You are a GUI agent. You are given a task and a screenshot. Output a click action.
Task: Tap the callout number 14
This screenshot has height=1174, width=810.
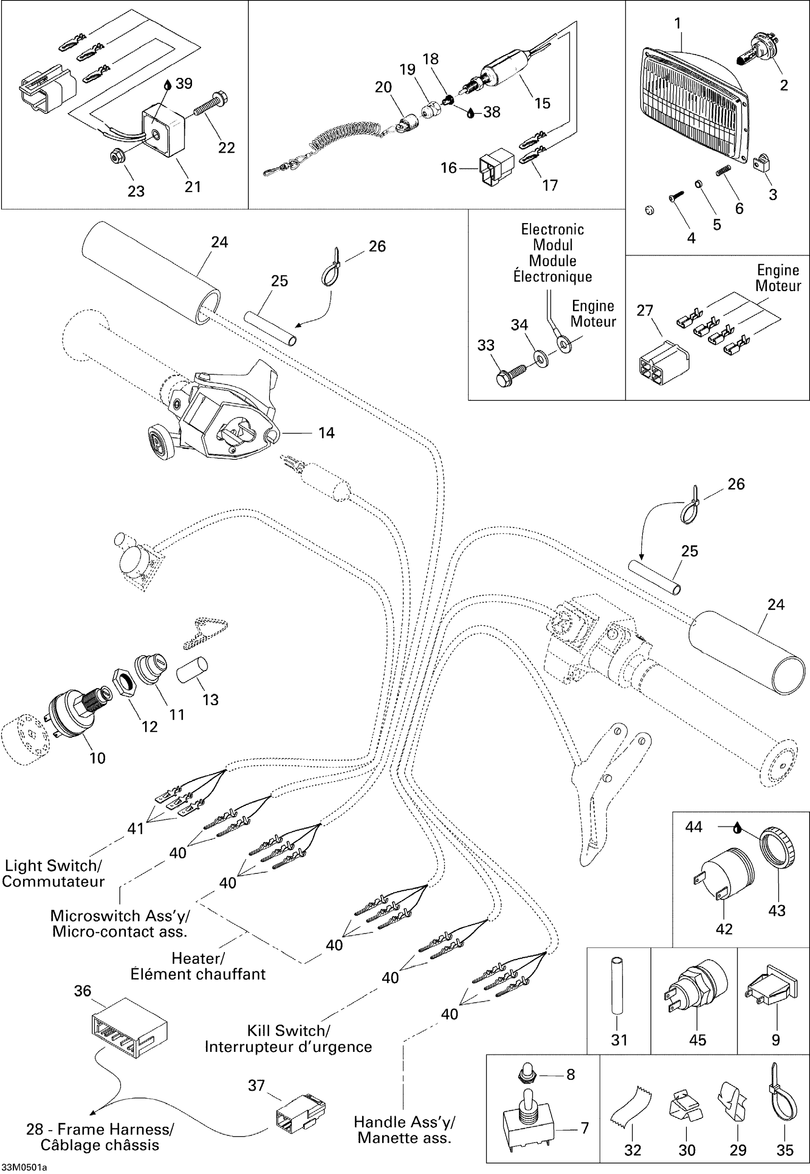(x=326, y=433)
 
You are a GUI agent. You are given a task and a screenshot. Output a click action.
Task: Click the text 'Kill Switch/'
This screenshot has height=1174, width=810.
(x=289, y=1031)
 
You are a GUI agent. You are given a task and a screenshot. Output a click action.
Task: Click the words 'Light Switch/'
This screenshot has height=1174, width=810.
(x=53, y=866)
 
